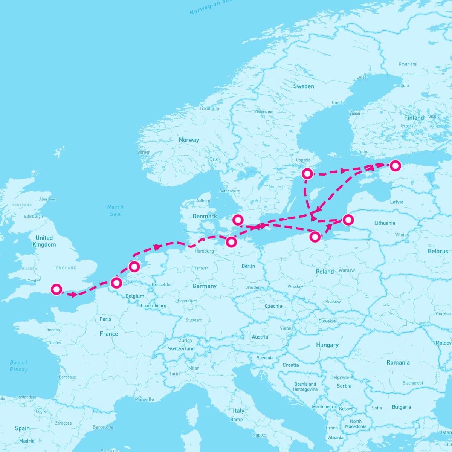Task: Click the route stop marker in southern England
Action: [56, 289]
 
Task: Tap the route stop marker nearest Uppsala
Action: [307, 173]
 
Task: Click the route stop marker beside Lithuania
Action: [348, 219]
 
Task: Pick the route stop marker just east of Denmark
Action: [238, 220]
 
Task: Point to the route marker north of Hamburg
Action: [231, 242]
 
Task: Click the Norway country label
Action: [189, 140]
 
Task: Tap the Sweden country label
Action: [303, 86]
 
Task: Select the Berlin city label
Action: [248, 266]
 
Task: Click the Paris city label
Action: [105, 319]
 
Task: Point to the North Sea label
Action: [115, 211]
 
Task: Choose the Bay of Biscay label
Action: [19, 366]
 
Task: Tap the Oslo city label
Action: [214, 159]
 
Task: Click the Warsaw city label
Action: [347, 270]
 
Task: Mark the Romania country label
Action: [398, 362]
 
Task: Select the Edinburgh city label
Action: [34, 217]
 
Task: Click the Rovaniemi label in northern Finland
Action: [408, 64]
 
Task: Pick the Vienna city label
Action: [287, 328]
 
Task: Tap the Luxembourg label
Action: [154, 305]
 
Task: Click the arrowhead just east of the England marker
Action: [73, 294]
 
